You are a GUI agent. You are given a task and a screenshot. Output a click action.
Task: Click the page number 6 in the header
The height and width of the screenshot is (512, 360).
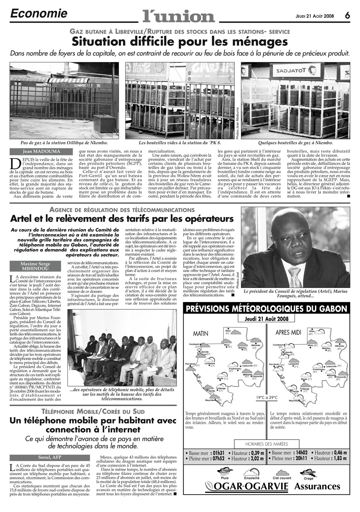point(348,15)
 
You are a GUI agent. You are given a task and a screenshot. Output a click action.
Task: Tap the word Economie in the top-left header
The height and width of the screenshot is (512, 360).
point(39,13)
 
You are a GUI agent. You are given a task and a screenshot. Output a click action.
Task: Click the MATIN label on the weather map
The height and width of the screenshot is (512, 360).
point(201,333)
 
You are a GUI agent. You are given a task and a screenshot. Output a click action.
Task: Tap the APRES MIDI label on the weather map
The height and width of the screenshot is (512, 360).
point(288,332)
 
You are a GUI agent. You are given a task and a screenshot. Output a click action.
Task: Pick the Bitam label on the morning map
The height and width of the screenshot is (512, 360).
point(228,331)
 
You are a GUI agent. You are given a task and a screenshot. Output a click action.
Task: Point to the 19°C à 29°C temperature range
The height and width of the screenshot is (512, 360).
point(266,397)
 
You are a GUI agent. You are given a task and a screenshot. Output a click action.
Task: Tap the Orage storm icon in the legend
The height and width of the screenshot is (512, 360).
point(308,472)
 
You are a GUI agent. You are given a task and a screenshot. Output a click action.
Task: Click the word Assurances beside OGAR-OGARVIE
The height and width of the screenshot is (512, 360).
point(317,487)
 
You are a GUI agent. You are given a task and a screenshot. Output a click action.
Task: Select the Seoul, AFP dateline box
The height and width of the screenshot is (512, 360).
point(50,457)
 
